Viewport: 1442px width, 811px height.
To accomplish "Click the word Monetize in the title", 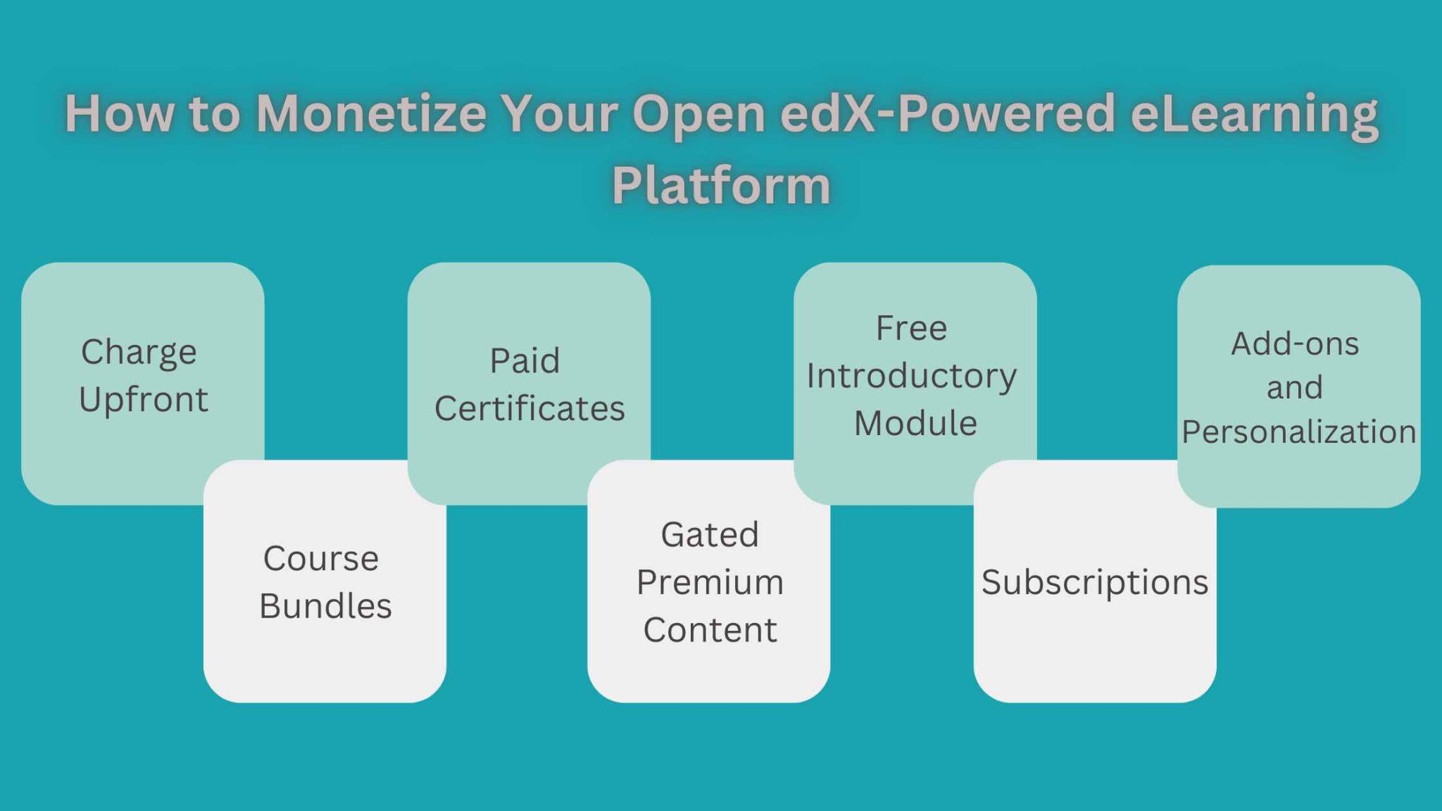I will (x=370, y=113).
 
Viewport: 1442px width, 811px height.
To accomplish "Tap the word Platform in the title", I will (x=721, y=186).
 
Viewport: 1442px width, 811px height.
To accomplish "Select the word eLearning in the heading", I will (x=1253, y=115).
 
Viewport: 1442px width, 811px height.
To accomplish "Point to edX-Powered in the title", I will (x=948, y=113).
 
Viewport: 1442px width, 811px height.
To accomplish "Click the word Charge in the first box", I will (x=139, y=352).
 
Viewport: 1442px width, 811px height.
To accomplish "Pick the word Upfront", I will (x=144, y=400).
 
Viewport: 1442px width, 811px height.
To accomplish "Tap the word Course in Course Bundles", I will (x=321, y=559).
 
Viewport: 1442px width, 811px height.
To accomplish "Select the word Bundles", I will (x=325, y=606).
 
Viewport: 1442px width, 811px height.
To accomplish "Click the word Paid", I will (x=525, y=361).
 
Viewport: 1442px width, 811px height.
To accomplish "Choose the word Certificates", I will (x=529, y=408).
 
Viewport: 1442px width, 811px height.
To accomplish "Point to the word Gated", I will (x=710, y=535).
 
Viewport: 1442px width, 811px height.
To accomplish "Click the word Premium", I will (x=710, y=582).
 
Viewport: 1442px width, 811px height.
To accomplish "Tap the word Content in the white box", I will (x=710, y=629).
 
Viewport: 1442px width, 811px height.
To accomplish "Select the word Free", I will (x=911, y=328).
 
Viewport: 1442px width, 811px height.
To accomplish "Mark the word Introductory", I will (x=911, y=376).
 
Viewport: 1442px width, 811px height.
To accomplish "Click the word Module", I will (x=915, y=423).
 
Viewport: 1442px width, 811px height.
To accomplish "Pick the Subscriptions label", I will (x=1095, y=582).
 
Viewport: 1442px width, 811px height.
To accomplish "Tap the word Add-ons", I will (x=1295, y=344).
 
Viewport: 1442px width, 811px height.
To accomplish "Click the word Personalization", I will (x=1299, y=432).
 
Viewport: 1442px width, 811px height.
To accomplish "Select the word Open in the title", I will (x=698, y=115).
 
